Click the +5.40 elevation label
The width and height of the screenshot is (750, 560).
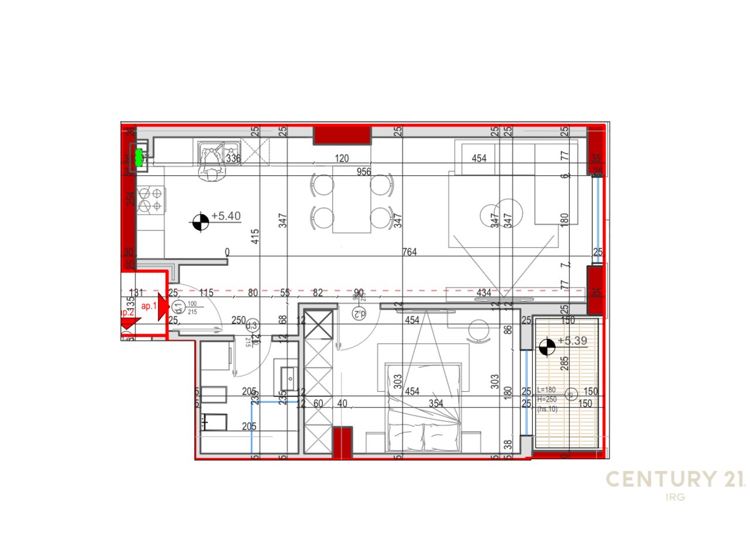(226, 216)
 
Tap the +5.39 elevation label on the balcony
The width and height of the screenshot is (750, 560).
(572, 341)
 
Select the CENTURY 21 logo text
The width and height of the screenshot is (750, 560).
(675, 480)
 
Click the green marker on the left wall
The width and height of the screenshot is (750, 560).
(139, 157)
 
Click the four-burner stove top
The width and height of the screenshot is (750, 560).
(151, 199)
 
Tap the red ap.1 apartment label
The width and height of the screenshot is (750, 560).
(149, 306)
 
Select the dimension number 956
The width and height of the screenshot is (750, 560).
(364, 172)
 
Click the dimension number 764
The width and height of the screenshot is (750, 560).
(410, 252)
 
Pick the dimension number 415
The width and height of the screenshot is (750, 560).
(255, 236)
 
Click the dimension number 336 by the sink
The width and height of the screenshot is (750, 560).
(233, 158)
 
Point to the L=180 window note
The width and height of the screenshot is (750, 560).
(546, 390)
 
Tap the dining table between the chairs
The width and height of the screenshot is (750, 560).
(352, 199)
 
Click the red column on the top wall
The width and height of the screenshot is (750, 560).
(342, 135)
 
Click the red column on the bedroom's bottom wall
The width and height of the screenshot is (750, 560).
(342, 443)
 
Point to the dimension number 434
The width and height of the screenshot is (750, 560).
(484, 293)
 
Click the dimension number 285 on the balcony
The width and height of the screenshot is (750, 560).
(565, 364)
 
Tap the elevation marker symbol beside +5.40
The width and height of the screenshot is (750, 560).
(200, 222)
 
